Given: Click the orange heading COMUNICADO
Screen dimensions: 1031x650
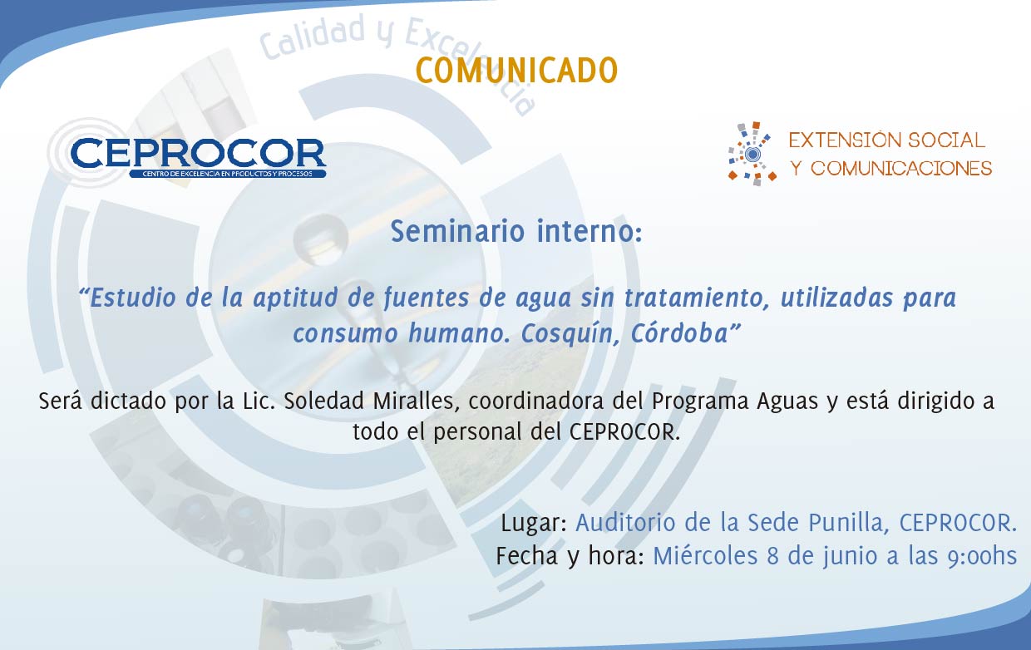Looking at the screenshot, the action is (516, 71).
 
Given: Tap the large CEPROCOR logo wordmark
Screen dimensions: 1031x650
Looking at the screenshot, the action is (199, 153).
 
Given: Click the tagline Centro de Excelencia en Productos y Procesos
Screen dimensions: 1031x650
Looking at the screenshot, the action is (227, 174).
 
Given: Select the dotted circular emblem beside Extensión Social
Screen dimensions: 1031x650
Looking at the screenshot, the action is (752, 154).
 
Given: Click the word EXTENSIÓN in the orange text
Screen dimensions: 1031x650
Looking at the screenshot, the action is (845, 140).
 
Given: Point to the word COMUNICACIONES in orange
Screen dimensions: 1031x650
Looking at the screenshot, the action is (900, 169).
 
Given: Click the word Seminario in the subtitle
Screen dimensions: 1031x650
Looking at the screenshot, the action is (457, 231).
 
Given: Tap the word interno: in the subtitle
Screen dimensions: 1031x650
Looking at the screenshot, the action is (589, 231).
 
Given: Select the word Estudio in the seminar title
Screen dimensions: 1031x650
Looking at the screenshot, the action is (132, 298).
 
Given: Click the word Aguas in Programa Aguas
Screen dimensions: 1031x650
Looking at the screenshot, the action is (787, 401).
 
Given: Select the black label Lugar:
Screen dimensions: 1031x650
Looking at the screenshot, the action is (534, 524).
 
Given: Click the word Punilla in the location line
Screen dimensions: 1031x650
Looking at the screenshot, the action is (848, 523).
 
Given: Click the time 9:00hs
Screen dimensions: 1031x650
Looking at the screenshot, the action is (982, 556).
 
